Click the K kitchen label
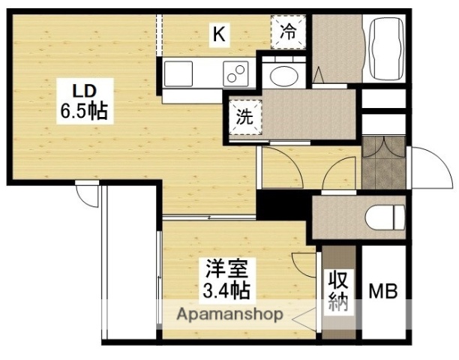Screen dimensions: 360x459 click(x=218, y=34)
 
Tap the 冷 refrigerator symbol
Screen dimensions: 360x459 click(x=289, y=32)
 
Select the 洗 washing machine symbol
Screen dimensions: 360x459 click(x=244, y=118)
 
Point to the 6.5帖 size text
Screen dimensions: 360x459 click(x=83, y=112)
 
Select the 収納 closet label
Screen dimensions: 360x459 click(x=337, y=292)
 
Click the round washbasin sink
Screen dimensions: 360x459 click(x=283, y=75)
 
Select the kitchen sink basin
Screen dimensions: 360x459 click(x=178, y=74)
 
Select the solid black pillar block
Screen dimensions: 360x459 click(x=283, y=203)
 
